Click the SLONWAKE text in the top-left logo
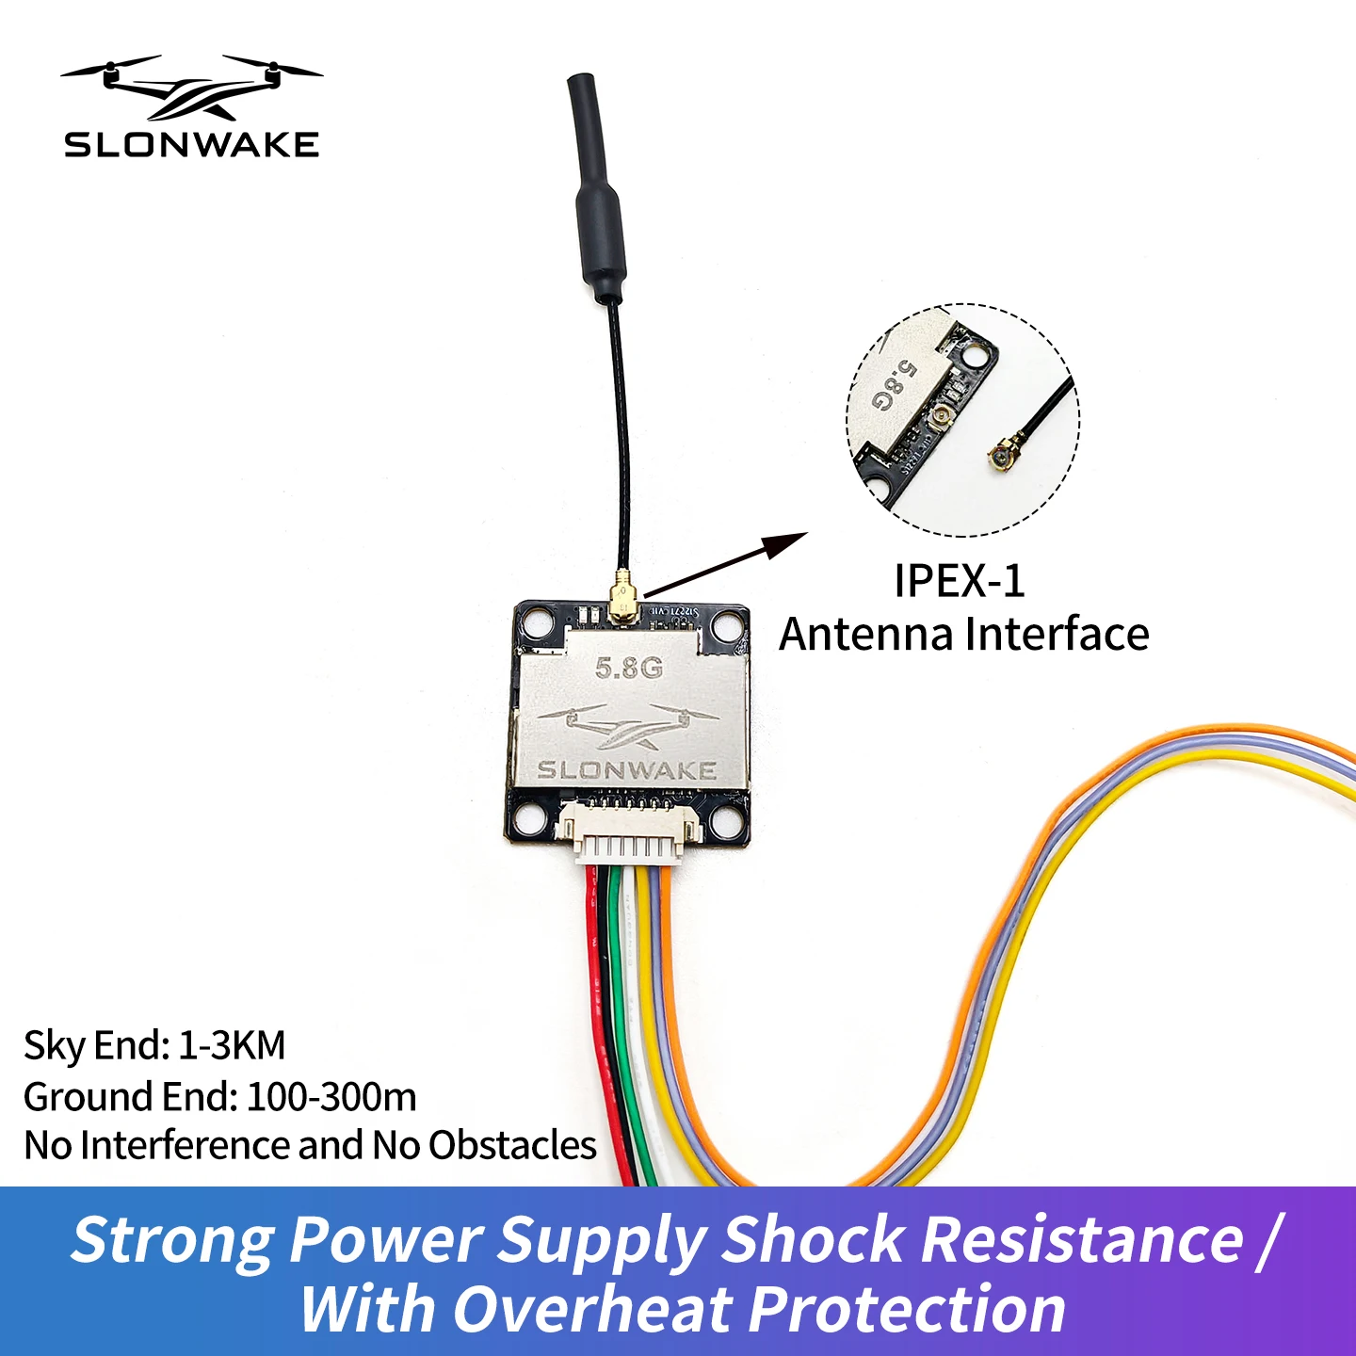tap(191, 144)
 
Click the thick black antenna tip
tap(593, 188)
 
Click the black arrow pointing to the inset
tap(725, 564)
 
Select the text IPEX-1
tap(959, 580)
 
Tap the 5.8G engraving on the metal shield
tap(629, 668)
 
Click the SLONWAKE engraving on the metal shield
tap(627, 769)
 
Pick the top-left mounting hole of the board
tap(539, 622)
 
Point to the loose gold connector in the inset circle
tap(1001, 456)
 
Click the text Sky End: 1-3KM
tap(154, 1045)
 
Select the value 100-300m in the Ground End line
tap(331, 1097)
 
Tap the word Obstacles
tap(512, 1145)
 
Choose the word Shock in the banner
tap(813, 1238)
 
